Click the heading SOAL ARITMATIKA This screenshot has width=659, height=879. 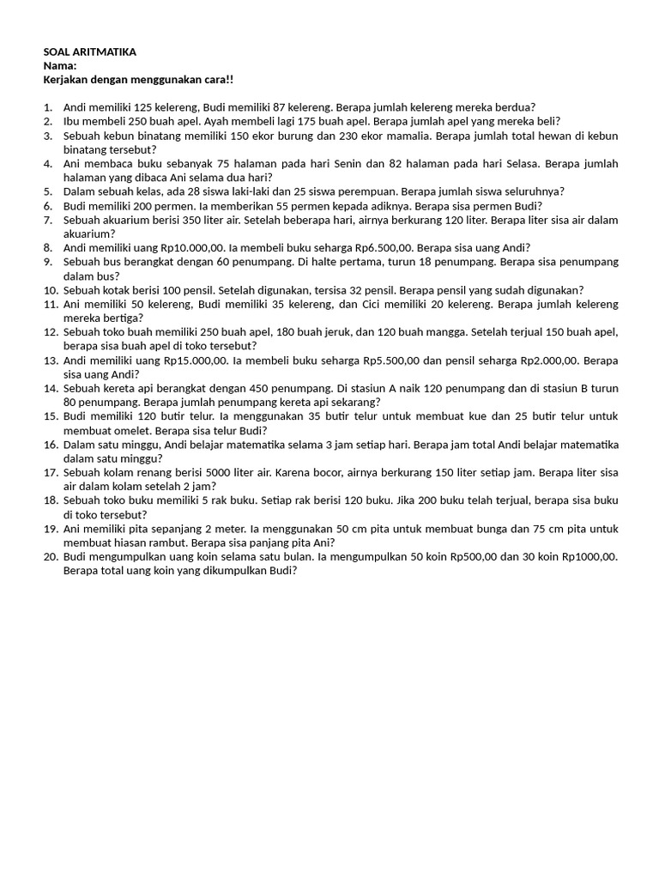pos(89,52)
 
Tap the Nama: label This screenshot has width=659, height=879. pos(59,66)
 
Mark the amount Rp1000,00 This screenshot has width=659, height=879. pos(589,556)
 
